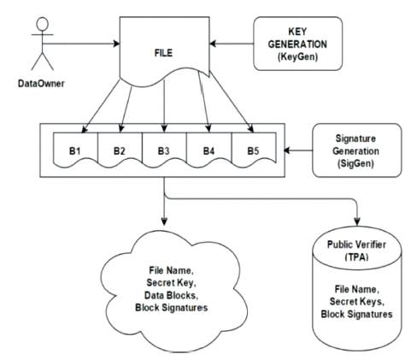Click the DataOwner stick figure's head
(43, 24)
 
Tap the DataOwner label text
(41, 84)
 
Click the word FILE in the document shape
(163, 53)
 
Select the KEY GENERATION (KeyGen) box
(297, 44)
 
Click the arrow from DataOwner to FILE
(81, 44)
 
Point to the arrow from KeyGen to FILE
(232, 44)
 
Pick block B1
(75, 150)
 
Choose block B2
(120, 150)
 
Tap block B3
(164, 150)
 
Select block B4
(209, 150)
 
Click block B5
(254, 150)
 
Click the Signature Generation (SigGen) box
(357, 150)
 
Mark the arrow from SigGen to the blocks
(298, 150)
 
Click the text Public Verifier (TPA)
(356, 251)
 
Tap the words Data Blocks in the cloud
(171, 295)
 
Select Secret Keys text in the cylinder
(356, 302)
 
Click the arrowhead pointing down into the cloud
(164, 221)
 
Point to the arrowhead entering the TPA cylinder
(357, 221)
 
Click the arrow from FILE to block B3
(164, 106)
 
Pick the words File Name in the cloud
(171, 270)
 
